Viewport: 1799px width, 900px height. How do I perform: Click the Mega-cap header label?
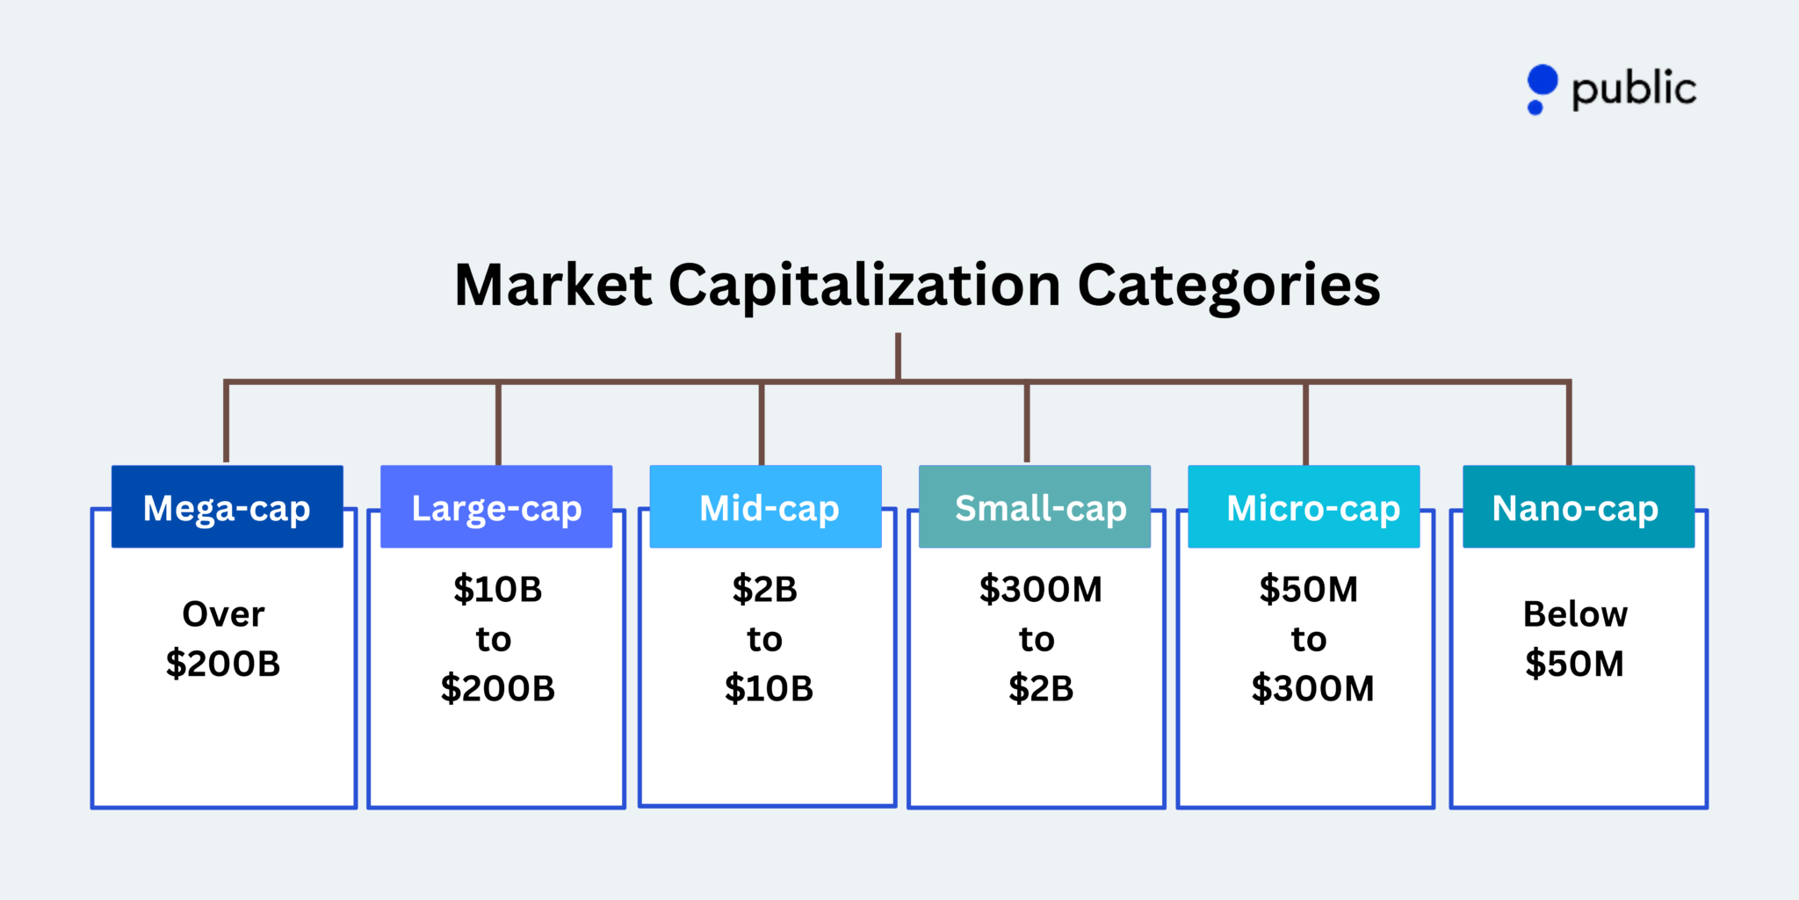tap(227, 508)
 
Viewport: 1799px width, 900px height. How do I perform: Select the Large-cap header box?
tap(496, 507)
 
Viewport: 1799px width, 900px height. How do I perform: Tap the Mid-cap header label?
tap(769, 508)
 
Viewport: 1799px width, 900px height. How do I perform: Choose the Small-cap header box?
tap(1035, 507)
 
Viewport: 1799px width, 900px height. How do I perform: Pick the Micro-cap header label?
tap(1313, 508)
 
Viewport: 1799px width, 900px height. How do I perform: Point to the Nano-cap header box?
tap(1579, 507)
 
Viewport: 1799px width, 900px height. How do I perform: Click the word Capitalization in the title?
tap(864, 287)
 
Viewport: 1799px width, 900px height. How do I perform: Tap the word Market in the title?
tap(553, 286)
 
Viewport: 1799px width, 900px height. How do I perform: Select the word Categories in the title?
tap(1228, 287)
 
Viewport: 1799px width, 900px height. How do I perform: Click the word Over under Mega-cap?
tap(223, 614)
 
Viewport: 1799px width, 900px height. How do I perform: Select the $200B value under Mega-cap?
tap(223, 664)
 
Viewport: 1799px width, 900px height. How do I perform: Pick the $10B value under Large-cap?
tap(498, 589)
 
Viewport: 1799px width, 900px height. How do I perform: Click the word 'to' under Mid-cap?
tap(765, 639)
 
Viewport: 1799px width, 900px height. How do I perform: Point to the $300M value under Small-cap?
tap(1041, 589)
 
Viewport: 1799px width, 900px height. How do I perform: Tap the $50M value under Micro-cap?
tap(1309, 589)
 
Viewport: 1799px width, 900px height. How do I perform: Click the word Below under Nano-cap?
tap(1575, 614)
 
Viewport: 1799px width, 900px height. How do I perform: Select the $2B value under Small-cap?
tap(1041, 688)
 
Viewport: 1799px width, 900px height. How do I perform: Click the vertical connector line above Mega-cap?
tap(226, 422)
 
